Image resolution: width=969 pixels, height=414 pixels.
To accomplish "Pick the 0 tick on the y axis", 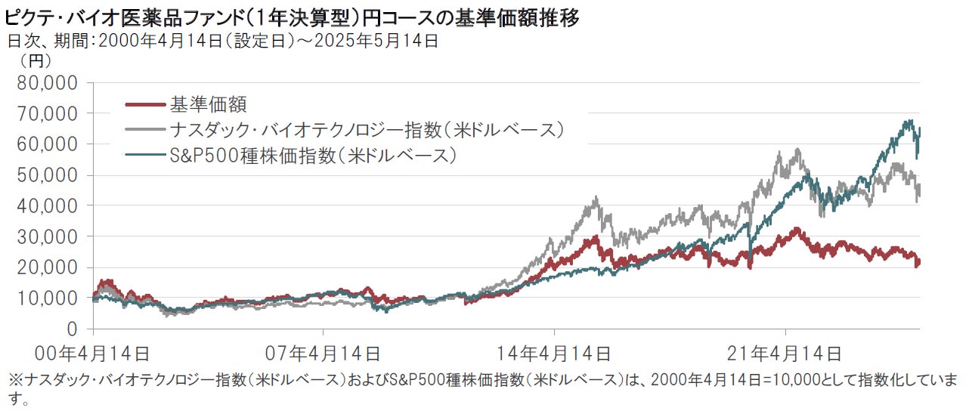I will coord(73,329).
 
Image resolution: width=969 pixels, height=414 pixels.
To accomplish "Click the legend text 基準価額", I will coord(209,103).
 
